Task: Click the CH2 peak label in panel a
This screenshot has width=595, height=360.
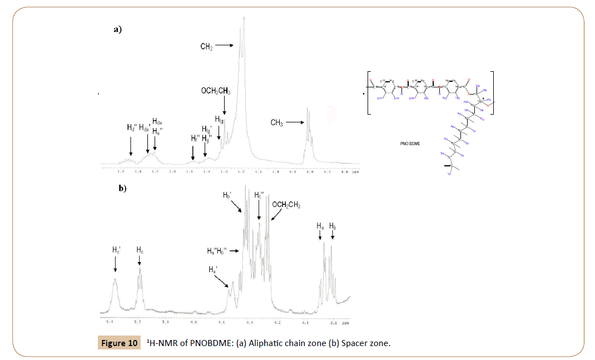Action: pyautogui.click(x=206, y=47)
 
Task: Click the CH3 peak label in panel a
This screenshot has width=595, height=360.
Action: pyautogui.click(x=276, y=123)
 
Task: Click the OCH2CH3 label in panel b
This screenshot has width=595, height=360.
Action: pyautogui.click(x=286, y=205)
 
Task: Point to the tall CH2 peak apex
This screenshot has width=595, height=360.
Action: pyautogui.click(x=243, y=18)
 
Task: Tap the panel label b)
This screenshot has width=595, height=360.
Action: pyautogui.click(x=122, y=189)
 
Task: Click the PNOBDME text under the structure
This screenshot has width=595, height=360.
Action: pyautogui.click(x=410, y=143)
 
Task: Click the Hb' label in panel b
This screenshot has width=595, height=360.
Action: pyautogui.click(x=227, y=196)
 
